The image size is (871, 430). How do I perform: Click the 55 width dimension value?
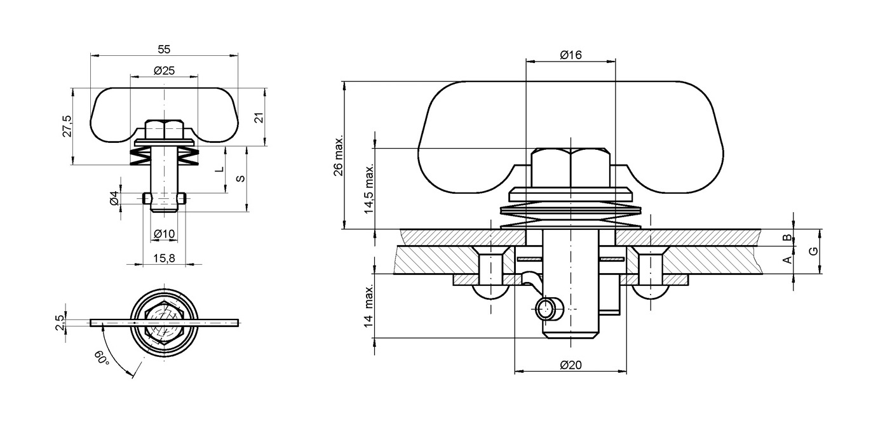164,49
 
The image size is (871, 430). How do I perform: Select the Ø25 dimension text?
164,71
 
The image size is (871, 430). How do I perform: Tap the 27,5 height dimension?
67,126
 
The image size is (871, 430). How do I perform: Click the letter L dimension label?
219,170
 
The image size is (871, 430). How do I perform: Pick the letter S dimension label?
240,178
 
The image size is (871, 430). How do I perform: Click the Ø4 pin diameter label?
114,198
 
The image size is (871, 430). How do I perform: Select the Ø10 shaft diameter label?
164,234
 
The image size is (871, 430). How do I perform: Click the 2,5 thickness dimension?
59,322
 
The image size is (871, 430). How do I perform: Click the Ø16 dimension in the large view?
571,55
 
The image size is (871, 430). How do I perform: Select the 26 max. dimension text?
338,155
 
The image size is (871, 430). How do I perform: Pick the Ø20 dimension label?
571,365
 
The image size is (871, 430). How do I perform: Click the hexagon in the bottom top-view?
165,323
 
